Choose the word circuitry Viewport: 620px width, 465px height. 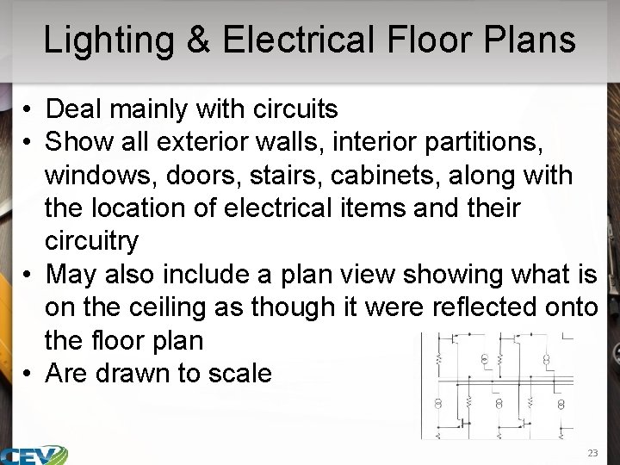point(91,241)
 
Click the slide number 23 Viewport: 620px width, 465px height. point(592,452)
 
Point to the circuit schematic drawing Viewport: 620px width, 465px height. point(498,383)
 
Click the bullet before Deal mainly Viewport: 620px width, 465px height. point(28,110)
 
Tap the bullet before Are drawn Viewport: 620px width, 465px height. point(28,374)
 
